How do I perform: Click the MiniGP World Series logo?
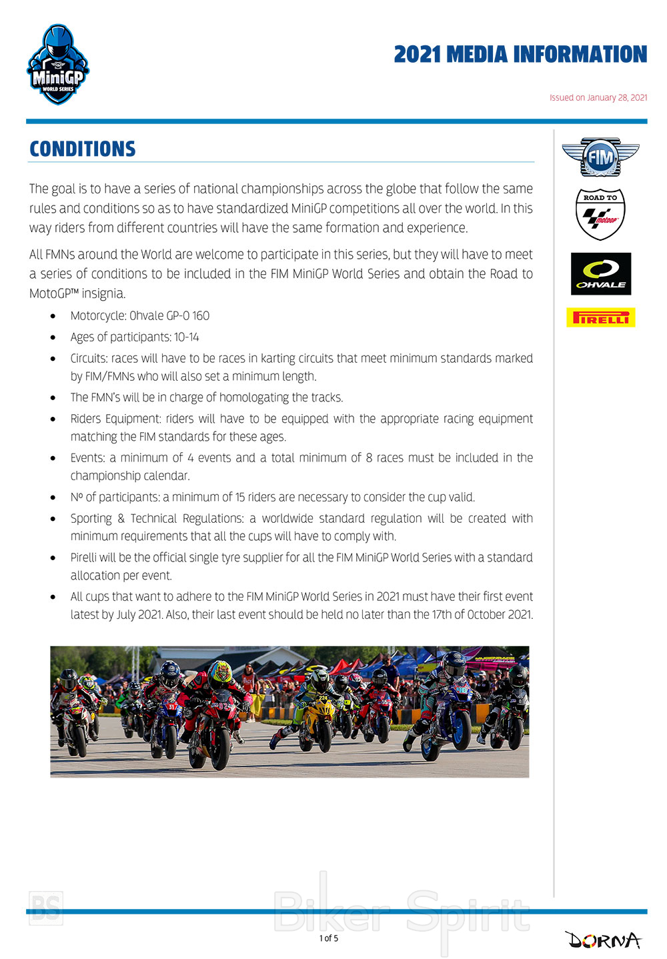[58, 65]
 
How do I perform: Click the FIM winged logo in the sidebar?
[600, 157]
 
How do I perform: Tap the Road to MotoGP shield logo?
[600, 213]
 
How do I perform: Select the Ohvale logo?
[600, 273]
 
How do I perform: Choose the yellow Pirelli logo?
[600, 317]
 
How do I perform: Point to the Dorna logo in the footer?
[604, 940]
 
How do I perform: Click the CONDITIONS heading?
[83, 149]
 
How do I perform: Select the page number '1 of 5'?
[328, 938]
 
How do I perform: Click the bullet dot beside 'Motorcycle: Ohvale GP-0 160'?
[53, 316]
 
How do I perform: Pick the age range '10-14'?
[187, 337]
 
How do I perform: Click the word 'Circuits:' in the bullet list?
[89, 358]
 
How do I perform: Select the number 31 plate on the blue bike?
[172, 706]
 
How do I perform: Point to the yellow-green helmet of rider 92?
[219, 673]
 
